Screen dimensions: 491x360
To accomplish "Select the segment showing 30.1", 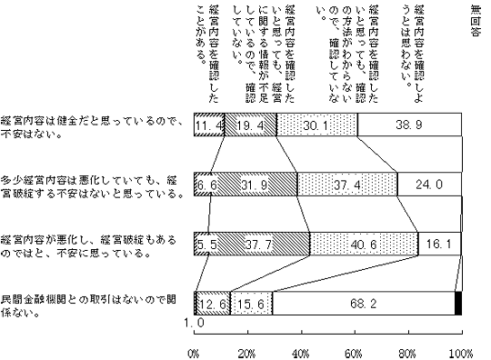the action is coord(316,125).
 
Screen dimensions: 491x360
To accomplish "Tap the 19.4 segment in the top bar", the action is coord(250,125).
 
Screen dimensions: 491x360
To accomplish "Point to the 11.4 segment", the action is coord(209,125).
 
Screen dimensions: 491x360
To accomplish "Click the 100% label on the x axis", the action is coord(461,352).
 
